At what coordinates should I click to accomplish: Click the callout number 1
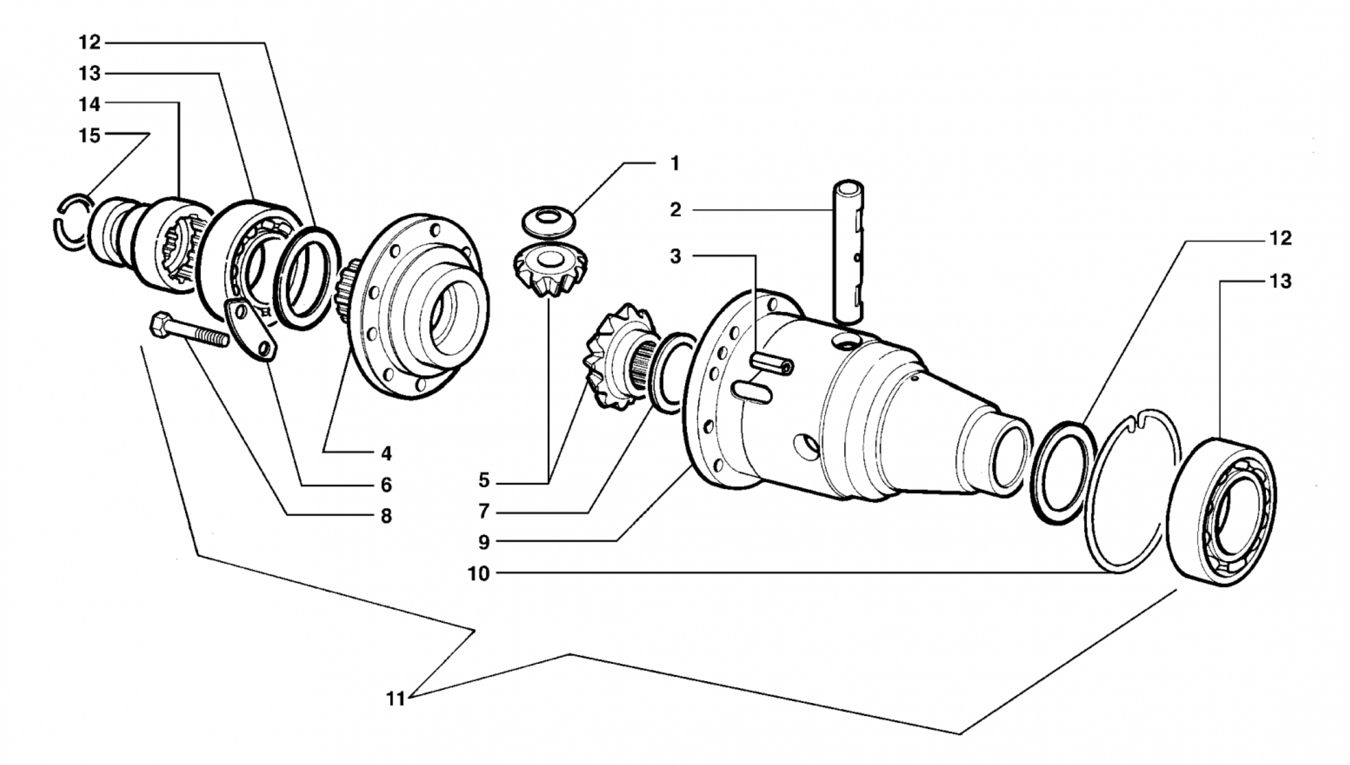(x=675, y=163)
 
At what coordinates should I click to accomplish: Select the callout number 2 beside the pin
(x=675, y=210)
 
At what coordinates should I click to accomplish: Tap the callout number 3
(x=675, y=256)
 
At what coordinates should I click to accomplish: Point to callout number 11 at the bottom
(x=396, y=698)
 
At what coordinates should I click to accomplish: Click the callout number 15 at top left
(x=90, y=135)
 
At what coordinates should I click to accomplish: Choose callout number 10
(x=478, y=574)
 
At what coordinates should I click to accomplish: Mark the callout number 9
(x=483, y=542)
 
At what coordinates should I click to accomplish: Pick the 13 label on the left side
(x=90, y=74)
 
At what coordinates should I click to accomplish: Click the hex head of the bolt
(x=160, y=325)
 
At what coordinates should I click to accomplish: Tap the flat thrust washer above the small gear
(x=548, y=221)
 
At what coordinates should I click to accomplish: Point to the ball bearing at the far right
(x=1221, y=512)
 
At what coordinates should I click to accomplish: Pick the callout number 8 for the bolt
(x=386, y=516)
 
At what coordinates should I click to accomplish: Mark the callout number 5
(x=483, y=480)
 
